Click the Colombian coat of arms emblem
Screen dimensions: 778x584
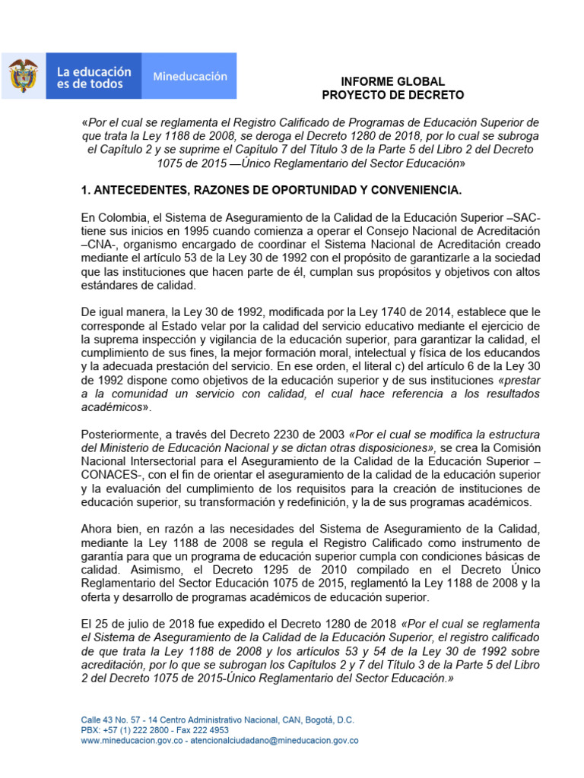(x=24, y=77)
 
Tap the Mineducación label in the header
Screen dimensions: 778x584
(x=190, y=77)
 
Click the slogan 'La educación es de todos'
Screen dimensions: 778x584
(x=94, y=77)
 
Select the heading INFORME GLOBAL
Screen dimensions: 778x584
(x=392, y=81)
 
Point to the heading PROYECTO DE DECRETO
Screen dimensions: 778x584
(x=392, y=95)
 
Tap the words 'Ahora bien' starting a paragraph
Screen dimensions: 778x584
(x=109, y=530)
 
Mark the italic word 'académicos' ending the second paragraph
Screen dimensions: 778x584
(x=113, y=407)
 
